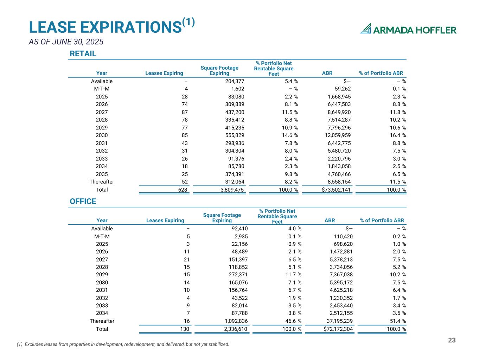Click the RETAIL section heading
[x=83, y=54]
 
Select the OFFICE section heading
[x=83, y=201]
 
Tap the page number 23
[x=452, y=340]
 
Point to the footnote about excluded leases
[x=123, y=345]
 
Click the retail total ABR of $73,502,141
[x=331, y=190]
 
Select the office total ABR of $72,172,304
[x=333, y=329]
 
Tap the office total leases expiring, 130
[x=184, y=329]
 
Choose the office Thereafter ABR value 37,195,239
[x=336, y=321]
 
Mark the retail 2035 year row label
[x=102, y=174]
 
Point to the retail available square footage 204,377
[x=232, y=81]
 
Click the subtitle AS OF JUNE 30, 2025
[x=66, y=42]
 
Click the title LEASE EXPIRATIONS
[x=105, y=27]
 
